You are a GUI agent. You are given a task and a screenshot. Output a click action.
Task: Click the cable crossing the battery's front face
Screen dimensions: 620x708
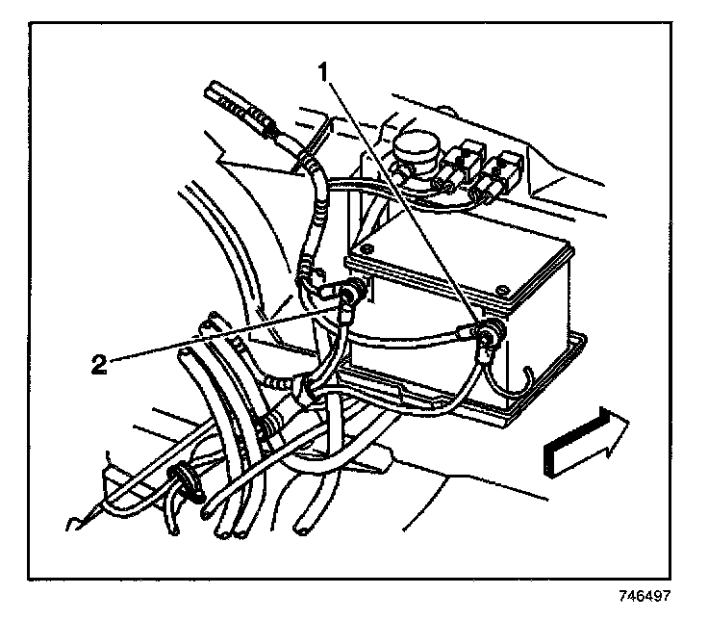point(414,339)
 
